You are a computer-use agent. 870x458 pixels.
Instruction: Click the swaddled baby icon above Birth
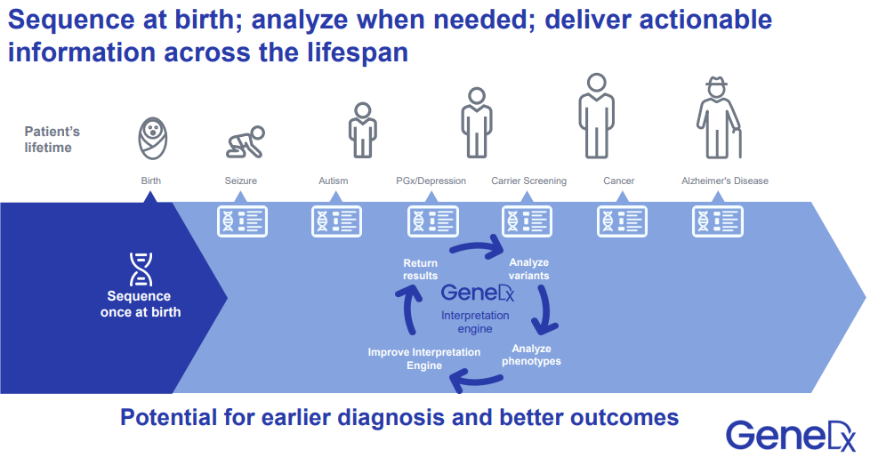tap(152, 140)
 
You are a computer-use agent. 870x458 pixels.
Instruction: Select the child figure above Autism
tap(361, 130)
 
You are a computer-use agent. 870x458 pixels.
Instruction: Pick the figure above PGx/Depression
tap(477, 123)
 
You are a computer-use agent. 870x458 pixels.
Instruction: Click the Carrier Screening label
tap(528, 181)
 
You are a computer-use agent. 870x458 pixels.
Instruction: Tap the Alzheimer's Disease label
tap(724, 181)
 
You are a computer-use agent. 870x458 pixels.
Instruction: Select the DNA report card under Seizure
tap(242, 221)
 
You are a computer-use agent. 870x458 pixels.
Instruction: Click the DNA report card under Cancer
tap(622, 221)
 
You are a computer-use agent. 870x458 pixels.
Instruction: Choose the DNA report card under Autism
tap(337, 221)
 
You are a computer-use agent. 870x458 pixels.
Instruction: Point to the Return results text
tap(420, 269)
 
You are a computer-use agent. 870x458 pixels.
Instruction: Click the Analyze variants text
tap(528, 269)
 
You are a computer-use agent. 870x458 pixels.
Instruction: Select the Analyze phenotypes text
tap(531, 355)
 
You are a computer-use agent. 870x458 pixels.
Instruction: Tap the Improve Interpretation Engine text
tap(424, 359)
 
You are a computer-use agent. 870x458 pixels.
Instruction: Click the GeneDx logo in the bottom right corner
tap(790, 435)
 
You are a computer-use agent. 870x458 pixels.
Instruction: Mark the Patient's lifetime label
tap(52, 140)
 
